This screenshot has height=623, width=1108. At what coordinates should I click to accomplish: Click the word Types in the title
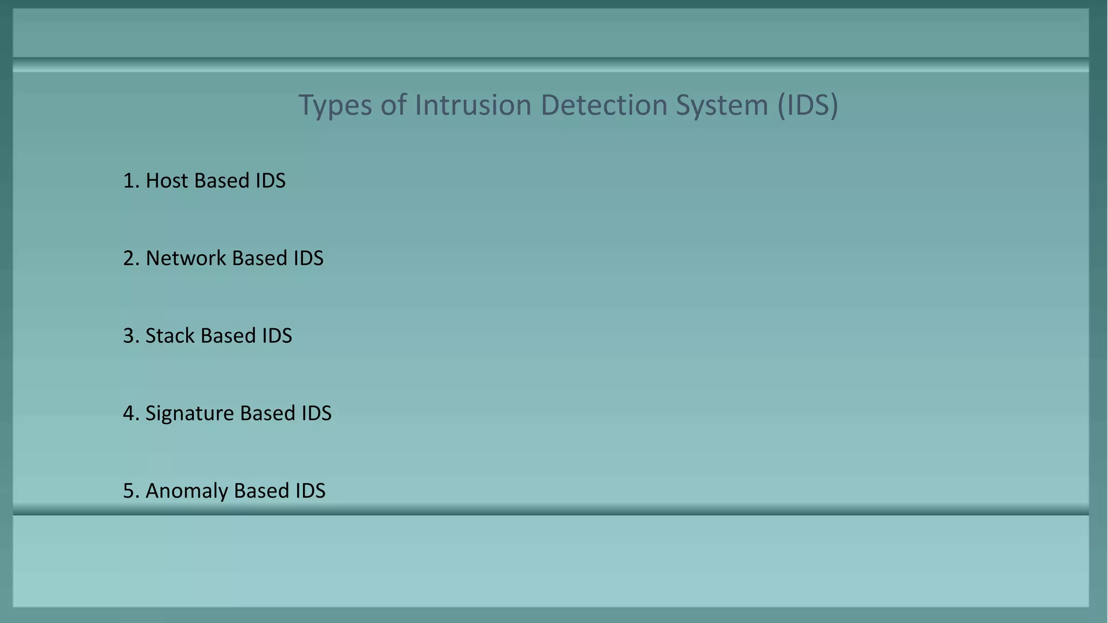click(335, 105)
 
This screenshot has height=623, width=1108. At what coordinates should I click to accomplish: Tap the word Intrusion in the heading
click(473, 104)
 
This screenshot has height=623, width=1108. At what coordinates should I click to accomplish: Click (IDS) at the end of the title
click(808, 105)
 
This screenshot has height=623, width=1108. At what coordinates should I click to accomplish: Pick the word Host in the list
click(167, 181)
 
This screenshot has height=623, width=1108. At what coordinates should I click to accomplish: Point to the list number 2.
click(130, 259)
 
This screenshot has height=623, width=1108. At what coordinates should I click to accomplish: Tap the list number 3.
click(130, 336)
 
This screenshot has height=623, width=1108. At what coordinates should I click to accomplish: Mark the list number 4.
click(130, 414)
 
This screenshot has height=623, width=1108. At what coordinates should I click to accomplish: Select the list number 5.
click(130, 491)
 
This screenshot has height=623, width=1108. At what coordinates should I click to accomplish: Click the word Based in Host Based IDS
click(222, 181)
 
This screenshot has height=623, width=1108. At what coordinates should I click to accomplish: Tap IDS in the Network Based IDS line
click(308, 259)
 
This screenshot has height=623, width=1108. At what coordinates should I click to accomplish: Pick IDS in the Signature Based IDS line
click(316, 414)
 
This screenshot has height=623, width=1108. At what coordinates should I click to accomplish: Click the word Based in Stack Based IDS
click(228, 336)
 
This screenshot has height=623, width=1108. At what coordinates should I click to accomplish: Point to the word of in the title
click(393, 104)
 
